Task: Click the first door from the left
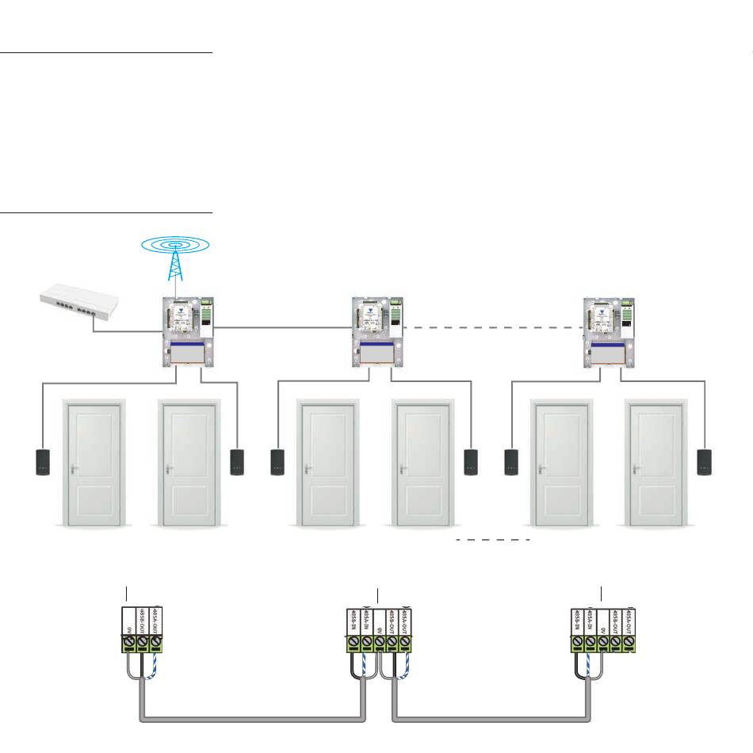tap(94, 463)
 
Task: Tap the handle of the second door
tap(167, 468)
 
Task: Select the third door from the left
tap(326, 463)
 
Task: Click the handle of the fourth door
tap(399, 468)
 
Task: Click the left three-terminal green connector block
tap(142, 630)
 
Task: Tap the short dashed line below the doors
tap(492, 539)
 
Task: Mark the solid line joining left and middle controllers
tap(281, 327)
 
